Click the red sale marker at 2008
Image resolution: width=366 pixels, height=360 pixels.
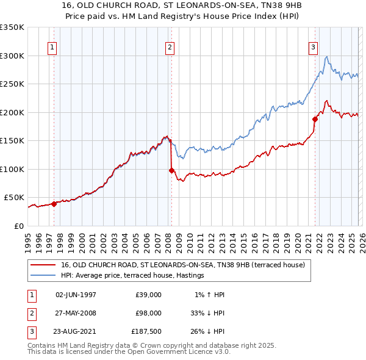pyautogui.click(x=171, y=170)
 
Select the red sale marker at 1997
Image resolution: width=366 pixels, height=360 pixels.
pyautogui.click(x=54, y=204)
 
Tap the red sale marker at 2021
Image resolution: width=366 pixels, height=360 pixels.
pyautogui.click(x=315, y=119)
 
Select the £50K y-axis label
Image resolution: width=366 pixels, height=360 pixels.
pyautogui.click(x=14, y=198)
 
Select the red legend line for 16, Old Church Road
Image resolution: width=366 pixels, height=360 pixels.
pyautogui.click(x=43, y=265)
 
